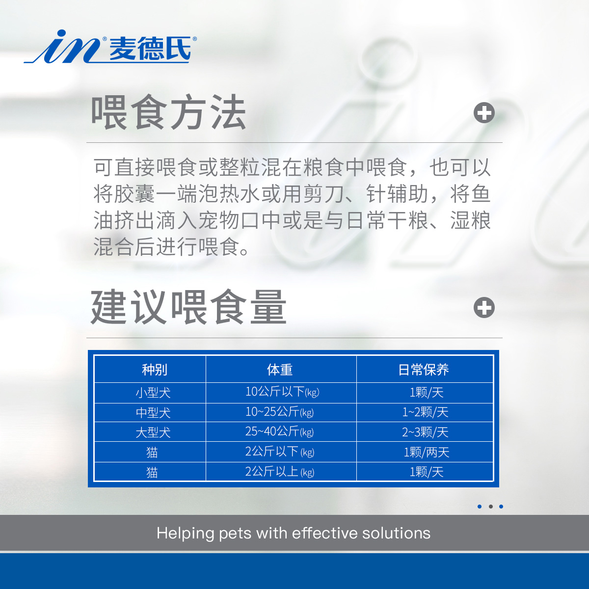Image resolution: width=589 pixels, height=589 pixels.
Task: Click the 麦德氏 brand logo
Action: click(x=110, y=47)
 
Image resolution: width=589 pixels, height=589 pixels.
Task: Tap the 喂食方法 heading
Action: click(x=168, y=112)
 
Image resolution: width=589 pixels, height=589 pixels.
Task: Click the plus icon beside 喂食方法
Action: click(x=484, y=113)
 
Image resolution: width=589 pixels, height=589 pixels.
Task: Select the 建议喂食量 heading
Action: click(x=188, y=307)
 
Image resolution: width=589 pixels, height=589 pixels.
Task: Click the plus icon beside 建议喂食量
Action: click(x=484, y=307)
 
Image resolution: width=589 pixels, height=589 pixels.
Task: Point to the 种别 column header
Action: click(x=155, y=370)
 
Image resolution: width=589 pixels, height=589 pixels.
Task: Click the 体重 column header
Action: click(x=280, y=370)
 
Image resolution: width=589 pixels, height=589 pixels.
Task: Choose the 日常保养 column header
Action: click(x=424, y=370)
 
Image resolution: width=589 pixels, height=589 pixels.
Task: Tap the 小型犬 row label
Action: click(x=153, y=393)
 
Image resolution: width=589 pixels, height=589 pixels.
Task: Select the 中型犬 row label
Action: click(x=153, y=413)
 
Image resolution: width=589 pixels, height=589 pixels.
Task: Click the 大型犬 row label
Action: click(x=153, y=432)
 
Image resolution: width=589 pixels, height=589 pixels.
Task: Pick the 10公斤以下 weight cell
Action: click(x=282, y=392)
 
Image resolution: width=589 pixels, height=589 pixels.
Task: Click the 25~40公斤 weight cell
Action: click(x=279, y=431)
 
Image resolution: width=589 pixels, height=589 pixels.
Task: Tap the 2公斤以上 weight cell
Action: click(x=279, y=472)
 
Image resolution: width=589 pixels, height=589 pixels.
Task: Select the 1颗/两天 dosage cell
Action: click(x=427, y=452)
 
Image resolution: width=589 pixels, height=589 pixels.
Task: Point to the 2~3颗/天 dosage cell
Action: click(x=425, y=432)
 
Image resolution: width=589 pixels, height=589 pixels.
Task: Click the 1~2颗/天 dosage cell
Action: click(x=425, y=412)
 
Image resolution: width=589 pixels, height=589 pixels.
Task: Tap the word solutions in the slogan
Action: click(x=396, y=534)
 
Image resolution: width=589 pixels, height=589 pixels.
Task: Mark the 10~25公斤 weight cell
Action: click(x=279, y=412)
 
